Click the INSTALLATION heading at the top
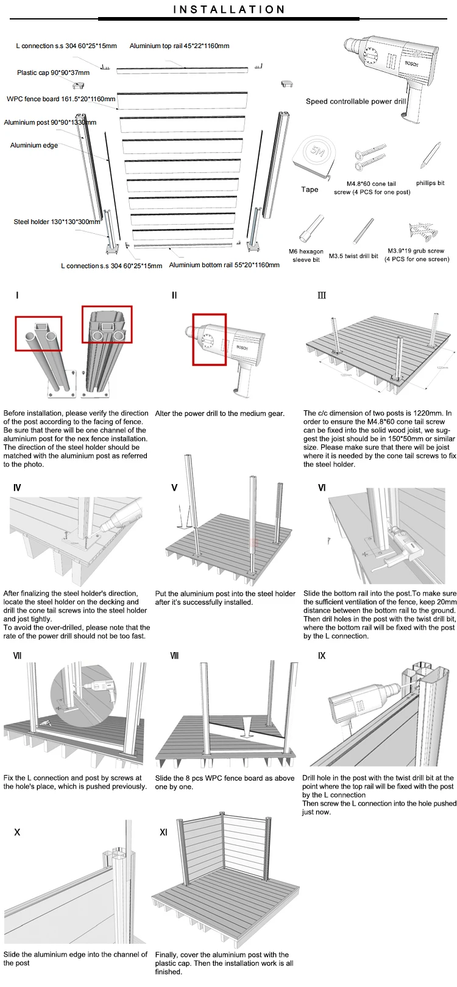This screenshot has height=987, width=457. coord(229,10)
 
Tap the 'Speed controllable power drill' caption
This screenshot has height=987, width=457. coord(355,102)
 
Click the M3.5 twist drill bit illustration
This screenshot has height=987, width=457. coord(364,231)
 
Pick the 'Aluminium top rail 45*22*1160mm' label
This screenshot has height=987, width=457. coord(179,46)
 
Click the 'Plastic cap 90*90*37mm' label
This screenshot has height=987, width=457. coord(53,73)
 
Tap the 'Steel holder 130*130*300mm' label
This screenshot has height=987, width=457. coord(57,222)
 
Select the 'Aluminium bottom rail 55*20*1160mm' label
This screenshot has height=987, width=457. coord(224,265)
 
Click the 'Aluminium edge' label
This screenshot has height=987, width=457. coord(34,146)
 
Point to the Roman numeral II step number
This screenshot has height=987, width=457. coord(174,295)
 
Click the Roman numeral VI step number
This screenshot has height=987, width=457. coord(322,488)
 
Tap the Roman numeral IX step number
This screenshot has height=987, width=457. coord(322,656)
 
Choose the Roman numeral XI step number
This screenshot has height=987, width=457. coord(163,832)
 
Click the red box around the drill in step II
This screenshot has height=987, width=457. coord(210,339)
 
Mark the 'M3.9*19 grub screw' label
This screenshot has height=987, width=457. coord(416,251)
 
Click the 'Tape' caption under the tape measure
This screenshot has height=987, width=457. coord(310,189)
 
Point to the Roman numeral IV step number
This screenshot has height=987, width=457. coord(17,488)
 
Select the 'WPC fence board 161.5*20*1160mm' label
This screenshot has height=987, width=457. coord(61,99)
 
